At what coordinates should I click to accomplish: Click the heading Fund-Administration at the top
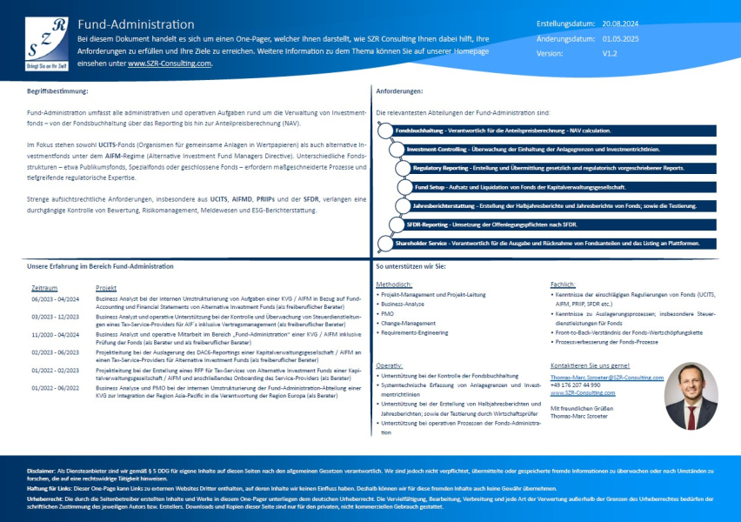pos(136,24)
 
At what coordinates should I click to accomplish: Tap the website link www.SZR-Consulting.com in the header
pos(169,63)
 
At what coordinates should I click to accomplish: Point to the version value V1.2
pos(610,53)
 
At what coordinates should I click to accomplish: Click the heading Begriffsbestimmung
pos(57,90)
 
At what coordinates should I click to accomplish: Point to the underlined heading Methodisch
pos(394,284)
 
